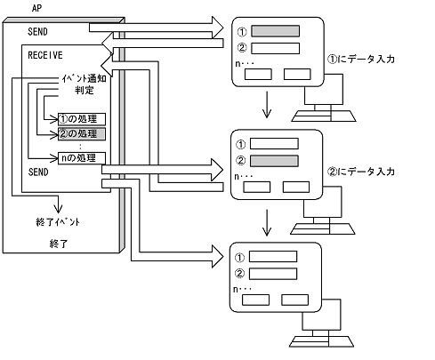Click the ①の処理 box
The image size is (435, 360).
[x=81, y=118]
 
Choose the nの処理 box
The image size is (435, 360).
[x=81, y=158]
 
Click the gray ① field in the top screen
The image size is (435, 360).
[x=276, y=32]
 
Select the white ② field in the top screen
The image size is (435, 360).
[x=276, y=48]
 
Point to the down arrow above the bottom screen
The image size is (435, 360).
[x=266, y=227]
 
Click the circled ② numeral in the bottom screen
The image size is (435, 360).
[x=239, y=273]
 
